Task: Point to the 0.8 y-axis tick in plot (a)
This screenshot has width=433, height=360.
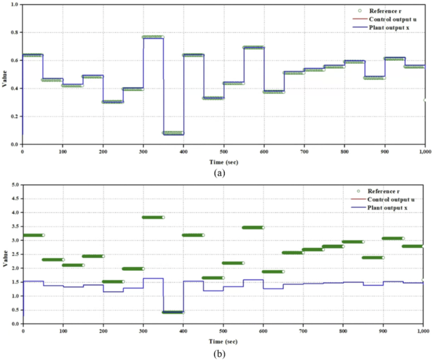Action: click(x=15, y=32)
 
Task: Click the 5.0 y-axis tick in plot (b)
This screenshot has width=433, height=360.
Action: click(x=15, y=185)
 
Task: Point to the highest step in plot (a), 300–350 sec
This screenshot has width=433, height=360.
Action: click(x=153, y=37)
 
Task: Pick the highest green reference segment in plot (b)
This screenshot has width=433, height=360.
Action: click(x=153, y=217)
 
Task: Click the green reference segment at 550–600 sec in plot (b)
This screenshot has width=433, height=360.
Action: click(x=253, y=227)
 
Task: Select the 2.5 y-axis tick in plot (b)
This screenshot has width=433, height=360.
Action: click(x=15, y=254)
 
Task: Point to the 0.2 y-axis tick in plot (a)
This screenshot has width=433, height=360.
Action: click(x=15, y=116)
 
